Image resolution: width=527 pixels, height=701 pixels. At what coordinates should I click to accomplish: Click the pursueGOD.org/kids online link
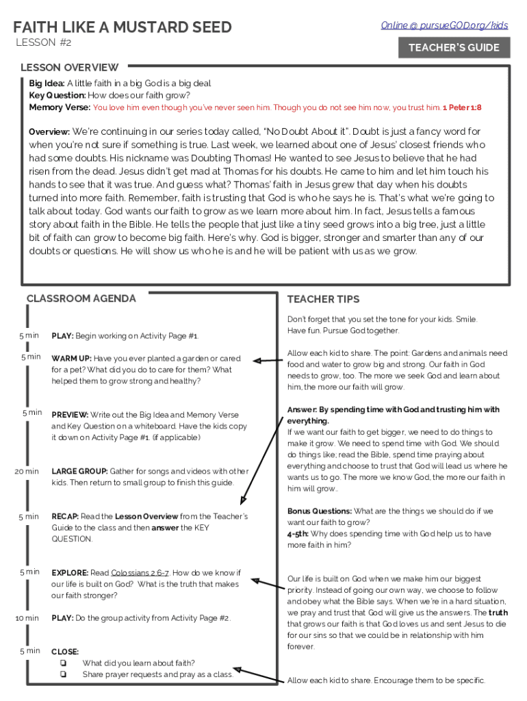[444, 25]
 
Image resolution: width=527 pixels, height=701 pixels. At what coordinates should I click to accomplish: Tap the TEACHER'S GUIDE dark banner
[454, 48]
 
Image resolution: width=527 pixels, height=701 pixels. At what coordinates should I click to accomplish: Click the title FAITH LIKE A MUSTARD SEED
[123, 27]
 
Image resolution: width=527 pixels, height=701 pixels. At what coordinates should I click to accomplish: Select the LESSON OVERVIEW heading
[69, 67]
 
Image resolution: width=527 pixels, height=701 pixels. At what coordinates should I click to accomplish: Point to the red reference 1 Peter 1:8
[462, 107]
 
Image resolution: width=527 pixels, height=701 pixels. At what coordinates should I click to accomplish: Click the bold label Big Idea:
[47, 84]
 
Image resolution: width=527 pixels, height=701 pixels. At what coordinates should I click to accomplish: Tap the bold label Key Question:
[57, 96]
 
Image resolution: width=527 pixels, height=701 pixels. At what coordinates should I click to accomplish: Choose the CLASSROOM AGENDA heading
[81, 298]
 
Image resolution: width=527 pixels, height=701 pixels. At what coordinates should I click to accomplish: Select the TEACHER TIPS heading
[323, 299]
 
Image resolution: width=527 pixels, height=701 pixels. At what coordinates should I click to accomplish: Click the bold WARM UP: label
[71, 359]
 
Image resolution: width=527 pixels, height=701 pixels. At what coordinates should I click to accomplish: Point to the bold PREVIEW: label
[70, 415]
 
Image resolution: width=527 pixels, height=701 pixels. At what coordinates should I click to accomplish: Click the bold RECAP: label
[65, 517]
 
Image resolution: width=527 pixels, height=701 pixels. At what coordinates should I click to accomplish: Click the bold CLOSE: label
[65, 652]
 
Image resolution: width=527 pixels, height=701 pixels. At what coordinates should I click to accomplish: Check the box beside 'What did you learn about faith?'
[62, 663]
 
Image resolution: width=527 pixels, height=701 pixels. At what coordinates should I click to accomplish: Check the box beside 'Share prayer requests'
[62, 674]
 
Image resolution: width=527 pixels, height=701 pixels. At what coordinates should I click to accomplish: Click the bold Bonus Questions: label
[320, 511]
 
